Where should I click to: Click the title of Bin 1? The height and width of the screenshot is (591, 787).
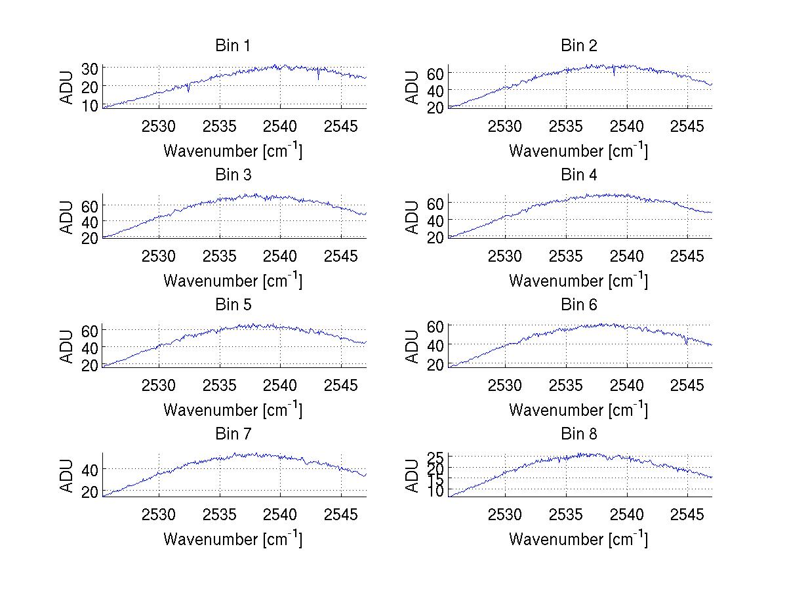click(x=233, y=45)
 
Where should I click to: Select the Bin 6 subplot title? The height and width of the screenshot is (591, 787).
click(x=579, y=304)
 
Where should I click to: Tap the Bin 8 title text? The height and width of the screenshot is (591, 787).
click(x=579, y=434)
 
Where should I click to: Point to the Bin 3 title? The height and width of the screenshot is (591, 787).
click(x=233, y=175)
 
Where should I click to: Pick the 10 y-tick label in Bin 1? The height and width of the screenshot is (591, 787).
click(x=90, y=105)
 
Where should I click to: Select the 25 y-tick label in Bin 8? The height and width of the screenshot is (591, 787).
click(x=436, y=457)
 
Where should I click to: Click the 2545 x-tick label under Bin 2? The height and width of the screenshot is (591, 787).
click(x=687, y=126)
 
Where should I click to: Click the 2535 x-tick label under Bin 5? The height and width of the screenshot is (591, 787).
click(x=219, y=384)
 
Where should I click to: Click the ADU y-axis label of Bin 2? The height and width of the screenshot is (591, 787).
click(x=413, y=87)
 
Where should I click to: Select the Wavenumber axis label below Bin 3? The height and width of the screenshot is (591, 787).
click(x=233, y=280)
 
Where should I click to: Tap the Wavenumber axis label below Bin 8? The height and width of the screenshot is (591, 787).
click(x=578, y=539)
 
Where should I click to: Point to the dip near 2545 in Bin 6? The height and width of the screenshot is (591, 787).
click(x=686, y=342)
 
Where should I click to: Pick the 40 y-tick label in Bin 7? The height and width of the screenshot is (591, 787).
click(x=90, y=469)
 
